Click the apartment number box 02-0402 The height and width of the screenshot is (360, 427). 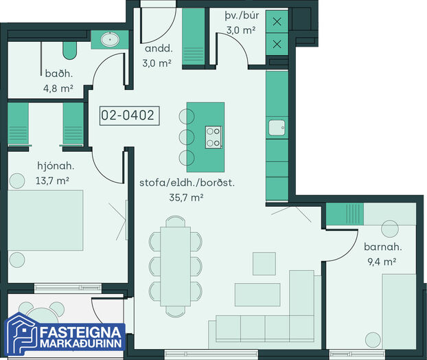pos(129,115)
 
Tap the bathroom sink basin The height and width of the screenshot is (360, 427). pos(110,40)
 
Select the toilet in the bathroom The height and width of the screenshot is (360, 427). pos(70,50)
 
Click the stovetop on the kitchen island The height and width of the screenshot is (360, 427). pos(213,137)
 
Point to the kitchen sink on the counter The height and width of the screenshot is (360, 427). pos(277,128)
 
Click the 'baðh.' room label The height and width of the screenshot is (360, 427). pos(59,74)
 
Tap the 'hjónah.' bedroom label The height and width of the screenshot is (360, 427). pos(56,166)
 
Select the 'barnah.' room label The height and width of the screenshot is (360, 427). pos(382,247)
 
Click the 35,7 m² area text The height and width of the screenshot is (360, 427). pos(186,197)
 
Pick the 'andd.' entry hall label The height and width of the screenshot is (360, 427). pos(159,49)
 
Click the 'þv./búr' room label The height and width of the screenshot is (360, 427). pos(242,16)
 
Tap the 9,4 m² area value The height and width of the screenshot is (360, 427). pos(382,262)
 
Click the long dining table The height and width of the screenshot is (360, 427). pos(175,267)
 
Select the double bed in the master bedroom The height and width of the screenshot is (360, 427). pos(45,221)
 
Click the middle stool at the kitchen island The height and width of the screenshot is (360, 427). pos(187,137)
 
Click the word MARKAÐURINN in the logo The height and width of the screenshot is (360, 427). pos(81,344)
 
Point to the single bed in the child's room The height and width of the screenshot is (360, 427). pos(400,311)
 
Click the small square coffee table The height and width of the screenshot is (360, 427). pos(264,264)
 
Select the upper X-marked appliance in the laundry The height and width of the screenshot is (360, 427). pos(277,21)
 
